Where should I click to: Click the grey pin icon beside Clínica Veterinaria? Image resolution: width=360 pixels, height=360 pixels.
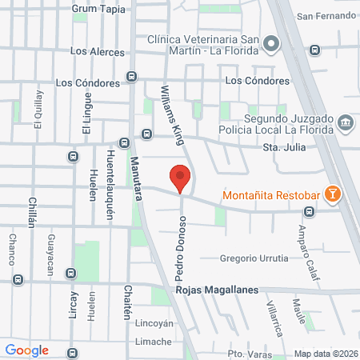[x=273, y=44]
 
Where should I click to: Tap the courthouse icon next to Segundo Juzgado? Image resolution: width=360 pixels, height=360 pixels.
[x=346, y=122]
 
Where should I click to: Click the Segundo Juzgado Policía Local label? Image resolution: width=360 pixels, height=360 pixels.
[x=272, y=122]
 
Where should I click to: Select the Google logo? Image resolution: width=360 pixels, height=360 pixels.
[x=26, y=350]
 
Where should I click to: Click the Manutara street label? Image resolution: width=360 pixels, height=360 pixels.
[x=135, y=179]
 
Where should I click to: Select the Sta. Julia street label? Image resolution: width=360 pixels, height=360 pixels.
[x=285, y=148]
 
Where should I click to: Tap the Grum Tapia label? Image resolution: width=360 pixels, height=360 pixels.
[x=98, y=8]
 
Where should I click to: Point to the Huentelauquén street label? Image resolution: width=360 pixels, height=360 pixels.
[x=110, y=182]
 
